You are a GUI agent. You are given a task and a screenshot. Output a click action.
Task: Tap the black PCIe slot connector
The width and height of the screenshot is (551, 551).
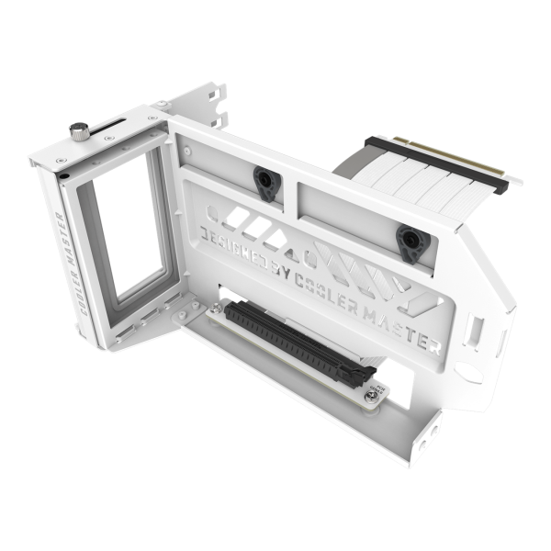(298, 344)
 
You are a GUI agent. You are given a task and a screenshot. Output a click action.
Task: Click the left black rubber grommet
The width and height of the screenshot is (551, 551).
(265, 182)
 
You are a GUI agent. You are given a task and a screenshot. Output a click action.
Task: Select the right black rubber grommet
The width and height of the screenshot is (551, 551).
(413, 242)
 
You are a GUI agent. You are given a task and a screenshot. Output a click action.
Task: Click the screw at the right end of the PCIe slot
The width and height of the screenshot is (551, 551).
(371, 396)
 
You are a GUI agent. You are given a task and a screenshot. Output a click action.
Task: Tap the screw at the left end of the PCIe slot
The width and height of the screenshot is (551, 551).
(217, 309)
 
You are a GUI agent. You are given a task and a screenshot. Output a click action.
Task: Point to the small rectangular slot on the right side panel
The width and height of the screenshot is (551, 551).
(476, 330)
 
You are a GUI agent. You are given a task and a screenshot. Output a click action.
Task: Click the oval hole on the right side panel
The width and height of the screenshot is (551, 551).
(467, 372)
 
